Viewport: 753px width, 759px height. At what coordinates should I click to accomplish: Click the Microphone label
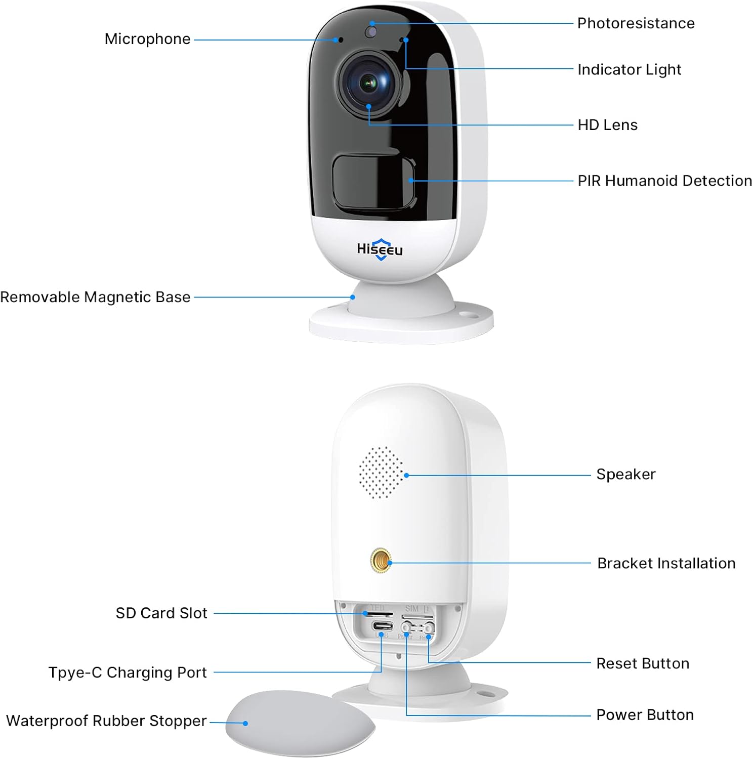point(147,39)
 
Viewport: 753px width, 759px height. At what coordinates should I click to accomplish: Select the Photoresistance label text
point(636,23)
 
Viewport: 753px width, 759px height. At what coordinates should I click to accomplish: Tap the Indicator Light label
point(629,69)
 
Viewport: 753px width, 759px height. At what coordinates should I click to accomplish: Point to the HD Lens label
point(607,125)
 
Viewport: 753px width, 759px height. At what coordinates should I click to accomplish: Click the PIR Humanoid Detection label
point(664,181)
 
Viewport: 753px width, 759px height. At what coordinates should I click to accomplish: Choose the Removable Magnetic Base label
point(95,297)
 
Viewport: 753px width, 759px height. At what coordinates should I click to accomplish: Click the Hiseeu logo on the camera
point(380,249)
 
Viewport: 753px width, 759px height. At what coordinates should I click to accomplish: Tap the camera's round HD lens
point(369,83)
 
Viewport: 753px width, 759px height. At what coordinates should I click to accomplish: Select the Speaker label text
point(625,474)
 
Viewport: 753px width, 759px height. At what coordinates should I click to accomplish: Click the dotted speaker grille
point(381,472)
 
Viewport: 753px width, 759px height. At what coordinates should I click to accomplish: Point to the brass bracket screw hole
point(381,561)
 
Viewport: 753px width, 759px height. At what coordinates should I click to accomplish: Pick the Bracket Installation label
point(666,563)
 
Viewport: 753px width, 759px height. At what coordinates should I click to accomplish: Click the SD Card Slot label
point(161,613)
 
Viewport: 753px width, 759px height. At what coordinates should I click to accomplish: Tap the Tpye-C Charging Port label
point(128,672)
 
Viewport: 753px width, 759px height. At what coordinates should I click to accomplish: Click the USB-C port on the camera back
point(382,625)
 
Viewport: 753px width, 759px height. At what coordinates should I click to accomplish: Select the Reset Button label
point(643,663)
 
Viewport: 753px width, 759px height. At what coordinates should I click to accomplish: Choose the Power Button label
point(645,715)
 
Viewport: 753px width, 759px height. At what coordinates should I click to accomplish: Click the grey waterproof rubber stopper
point(300,722)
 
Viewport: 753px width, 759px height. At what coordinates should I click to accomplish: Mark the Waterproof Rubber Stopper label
point(106,721)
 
